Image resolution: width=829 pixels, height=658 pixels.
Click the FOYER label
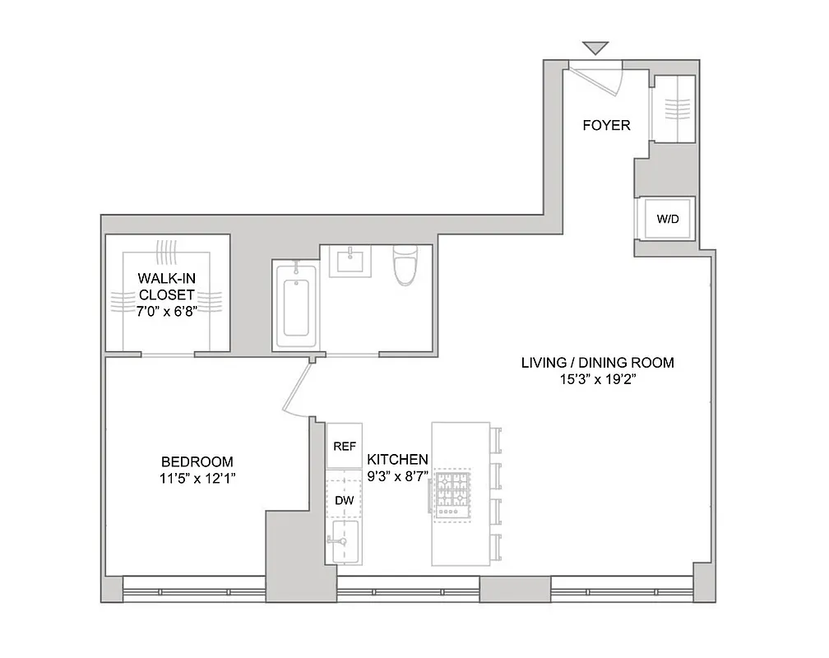coord(606,126)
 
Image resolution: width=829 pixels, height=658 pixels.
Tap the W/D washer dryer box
coord(666,220)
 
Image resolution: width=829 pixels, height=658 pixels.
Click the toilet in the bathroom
coord(405,266)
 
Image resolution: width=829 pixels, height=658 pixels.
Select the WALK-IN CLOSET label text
coord(167,286)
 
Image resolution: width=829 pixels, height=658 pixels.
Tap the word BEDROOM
coord(197,461)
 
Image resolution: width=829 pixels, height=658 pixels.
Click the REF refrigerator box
coord(344,447)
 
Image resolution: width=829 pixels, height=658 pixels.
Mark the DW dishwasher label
coord(344,499)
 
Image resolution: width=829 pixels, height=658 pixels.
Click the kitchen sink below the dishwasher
coord(344,541)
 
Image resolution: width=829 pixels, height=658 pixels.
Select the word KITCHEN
coord(397,459)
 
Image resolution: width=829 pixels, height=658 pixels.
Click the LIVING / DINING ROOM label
coord(598,363)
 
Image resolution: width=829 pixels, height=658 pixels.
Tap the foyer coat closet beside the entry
coord(673,109)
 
